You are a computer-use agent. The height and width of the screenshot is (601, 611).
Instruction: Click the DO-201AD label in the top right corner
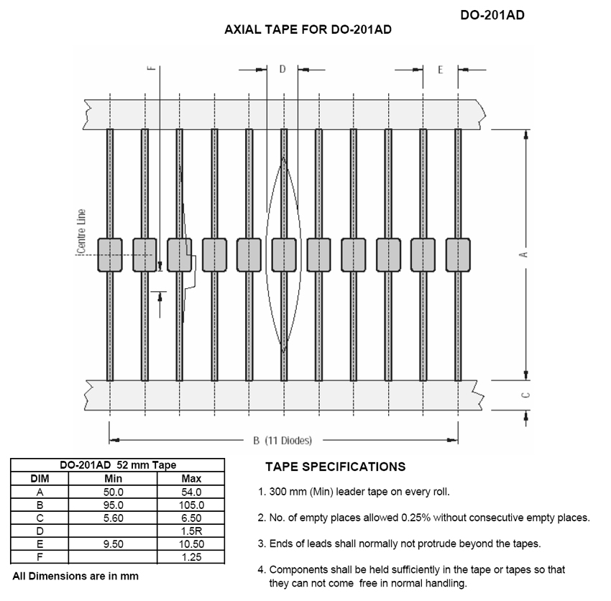pos(492,15)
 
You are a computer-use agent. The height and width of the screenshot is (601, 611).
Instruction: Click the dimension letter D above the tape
pos(282,69)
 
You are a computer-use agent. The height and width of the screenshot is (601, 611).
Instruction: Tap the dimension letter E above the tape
pos(441,70)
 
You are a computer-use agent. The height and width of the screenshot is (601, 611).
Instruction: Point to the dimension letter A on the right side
pos(525,254)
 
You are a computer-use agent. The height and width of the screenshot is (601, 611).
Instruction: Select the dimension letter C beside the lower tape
pos(525,395)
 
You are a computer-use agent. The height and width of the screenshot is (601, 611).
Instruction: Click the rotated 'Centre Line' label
pos(81,231)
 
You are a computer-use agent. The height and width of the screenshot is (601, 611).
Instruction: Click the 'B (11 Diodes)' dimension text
pos(282,441)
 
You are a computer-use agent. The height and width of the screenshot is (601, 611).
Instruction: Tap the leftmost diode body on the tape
pos(110,255)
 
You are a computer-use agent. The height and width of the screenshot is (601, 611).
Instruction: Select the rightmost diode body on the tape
pos(458,255)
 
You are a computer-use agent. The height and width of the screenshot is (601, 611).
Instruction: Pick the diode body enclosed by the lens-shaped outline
pos(284,255)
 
